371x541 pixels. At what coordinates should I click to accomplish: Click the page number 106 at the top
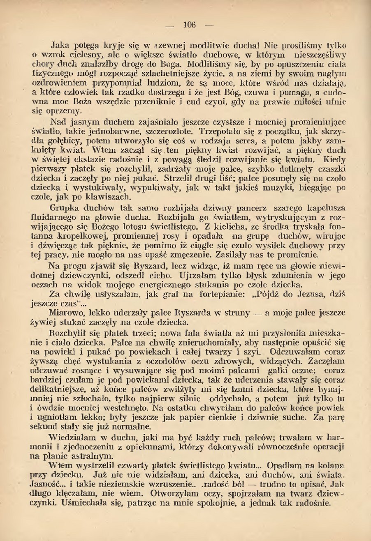pos(189,25)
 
